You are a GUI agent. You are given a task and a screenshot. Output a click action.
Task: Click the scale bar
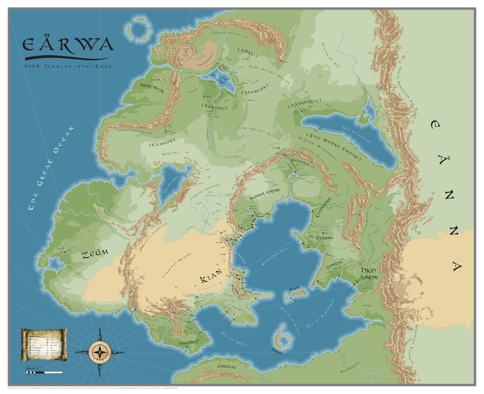click(x=44, y=372)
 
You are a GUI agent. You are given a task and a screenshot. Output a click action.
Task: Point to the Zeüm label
click(x=95, y=255)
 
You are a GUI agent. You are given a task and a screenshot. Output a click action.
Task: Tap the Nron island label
click(x=295, y=289)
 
